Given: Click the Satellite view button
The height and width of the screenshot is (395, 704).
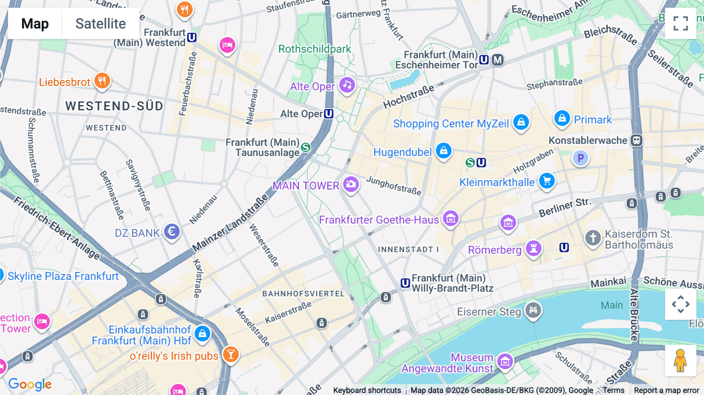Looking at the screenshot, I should (x=101, y=23).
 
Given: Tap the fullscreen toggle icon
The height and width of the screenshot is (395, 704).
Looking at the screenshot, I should (x=681, y=23).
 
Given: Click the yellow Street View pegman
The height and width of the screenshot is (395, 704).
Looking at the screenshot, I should (x=680, y=360).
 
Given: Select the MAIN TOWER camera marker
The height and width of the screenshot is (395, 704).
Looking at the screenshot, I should (x=351, y=184).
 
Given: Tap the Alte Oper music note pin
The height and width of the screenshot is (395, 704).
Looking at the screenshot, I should (x=347, y=85).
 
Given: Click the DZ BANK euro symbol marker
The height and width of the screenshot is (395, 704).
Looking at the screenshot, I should (x=172, y=232).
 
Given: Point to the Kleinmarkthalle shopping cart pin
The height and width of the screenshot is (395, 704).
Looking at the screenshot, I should (x=547, y=181).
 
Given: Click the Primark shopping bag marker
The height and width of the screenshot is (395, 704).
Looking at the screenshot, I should (x=562, y=118).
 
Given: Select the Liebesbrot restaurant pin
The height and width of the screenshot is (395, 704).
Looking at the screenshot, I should (x=102, y=81).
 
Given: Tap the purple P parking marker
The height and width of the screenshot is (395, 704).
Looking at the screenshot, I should (x=580, y=158).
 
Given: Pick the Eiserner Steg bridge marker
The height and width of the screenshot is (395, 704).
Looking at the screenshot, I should (x=533, y=311).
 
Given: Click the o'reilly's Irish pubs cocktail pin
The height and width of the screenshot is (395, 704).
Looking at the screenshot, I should (x=231, y=354).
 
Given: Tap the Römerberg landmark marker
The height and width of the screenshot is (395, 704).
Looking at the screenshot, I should (x=533, y=248).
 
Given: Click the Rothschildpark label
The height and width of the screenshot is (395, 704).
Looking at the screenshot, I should (x=314, y=49).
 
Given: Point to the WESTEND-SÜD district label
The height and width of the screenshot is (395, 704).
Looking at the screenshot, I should (x=114, y=106).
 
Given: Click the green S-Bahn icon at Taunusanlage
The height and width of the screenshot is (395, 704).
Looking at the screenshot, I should (x=306, y=147).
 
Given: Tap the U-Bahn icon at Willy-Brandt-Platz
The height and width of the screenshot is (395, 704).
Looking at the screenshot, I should (x=405, y=283).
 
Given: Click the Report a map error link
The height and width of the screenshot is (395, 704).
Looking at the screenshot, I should (x=666, y=390).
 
